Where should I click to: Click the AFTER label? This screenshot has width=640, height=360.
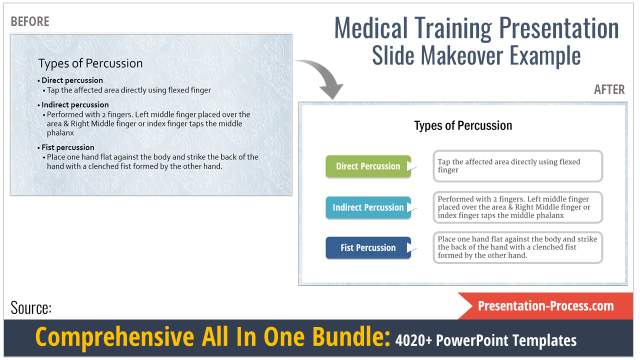609,89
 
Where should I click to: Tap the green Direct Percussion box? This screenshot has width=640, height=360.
368,165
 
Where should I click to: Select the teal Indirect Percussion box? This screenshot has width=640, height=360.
368,207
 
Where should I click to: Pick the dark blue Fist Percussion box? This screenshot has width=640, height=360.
368,247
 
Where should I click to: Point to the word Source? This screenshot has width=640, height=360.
31,308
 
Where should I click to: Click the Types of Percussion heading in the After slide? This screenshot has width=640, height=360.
463,126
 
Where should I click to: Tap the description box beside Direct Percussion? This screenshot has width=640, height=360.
518,165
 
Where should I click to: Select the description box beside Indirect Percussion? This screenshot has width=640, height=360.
518,207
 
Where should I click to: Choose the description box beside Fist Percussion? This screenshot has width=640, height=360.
518,248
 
